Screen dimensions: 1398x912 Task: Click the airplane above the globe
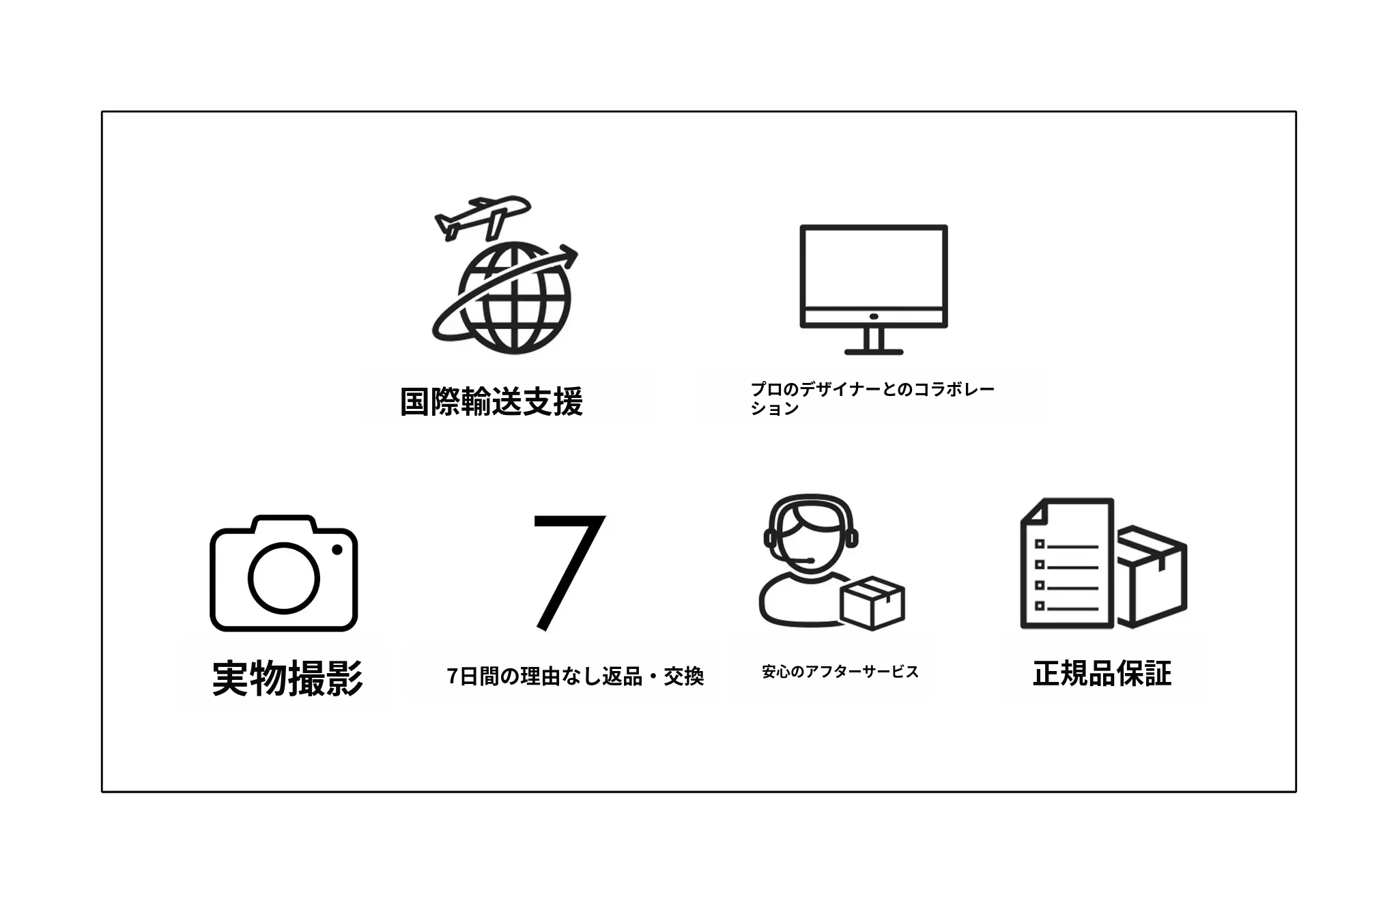coord(482,216)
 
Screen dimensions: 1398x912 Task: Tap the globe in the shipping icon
coord(514,298)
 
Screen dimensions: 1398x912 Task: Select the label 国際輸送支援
coord(491,401)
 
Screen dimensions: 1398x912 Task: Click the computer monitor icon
coord(874,289)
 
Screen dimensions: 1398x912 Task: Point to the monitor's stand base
coord(874,352)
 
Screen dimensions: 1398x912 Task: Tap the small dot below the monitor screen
coord(874,317)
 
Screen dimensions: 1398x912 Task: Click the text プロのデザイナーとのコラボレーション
coord(872,399)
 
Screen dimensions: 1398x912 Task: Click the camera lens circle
coord(283,578)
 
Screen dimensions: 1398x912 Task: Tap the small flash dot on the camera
coord(337,550)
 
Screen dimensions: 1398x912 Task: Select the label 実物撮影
coord(287,678)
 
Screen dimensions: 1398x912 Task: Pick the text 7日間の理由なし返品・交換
coord(575,676)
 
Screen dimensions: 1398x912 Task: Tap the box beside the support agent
coord(872,602)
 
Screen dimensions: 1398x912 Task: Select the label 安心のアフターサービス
coord(840,672)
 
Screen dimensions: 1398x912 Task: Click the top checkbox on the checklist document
coord(1040,544)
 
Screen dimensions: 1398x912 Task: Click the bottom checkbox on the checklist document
coord(1040,605)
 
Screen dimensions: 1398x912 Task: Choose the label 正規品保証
coord(1102,674)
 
